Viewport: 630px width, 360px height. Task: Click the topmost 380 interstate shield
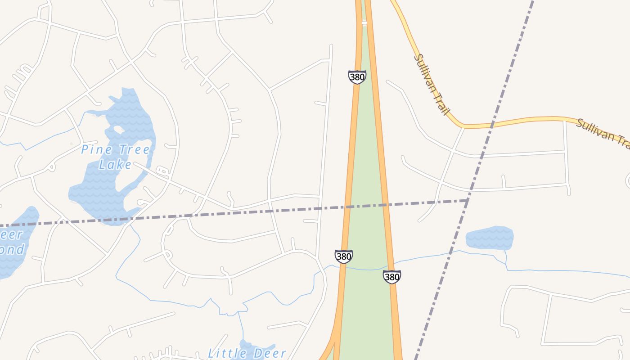[357, 77]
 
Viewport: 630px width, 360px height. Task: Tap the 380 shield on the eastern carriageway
[391, 277]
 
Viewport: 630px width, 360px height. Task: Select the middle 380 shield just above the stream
[343, 256]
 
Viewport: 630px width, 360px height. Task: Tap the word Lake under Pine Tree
[116, 165]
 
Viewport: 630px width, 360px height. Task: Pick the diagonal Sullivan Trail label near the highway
[432, 84]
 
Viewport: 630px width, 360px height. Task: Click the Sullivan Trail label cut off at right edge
[603, 132]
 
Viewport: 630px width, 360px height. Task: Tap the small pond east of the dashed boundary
[490, 238]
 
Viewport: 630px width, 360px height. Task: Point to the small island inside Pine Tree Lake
[119, 130]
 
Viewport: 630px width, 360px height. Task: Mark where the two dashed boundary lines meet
[468, 200]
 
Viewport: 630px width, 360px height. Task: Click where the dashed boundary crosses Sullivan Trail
[492, 124]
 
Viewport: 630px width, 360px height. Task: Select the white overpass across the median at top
[364, 22]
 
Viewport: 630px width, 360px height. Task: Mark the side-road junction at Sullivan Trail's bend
[463, 127]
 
